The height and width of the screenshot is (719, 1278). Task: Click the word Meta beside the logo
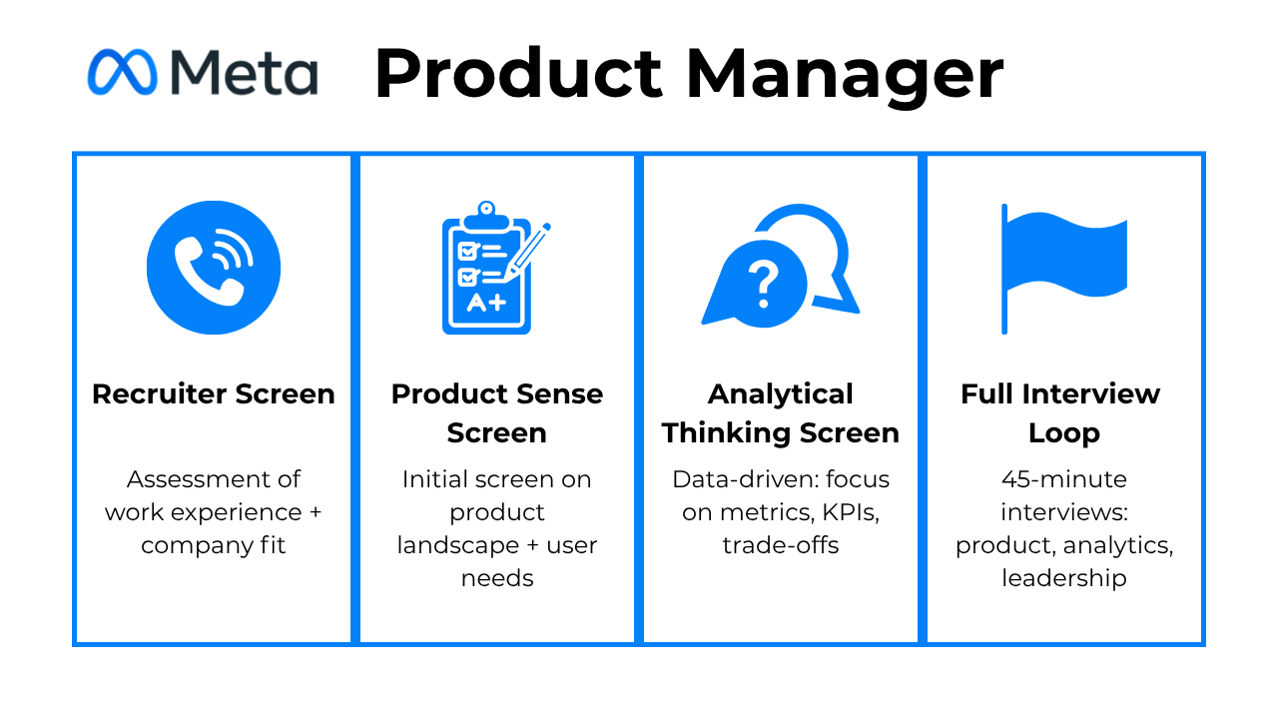(x=245, y=73)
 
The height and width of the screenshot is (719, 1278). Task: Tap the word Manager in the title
(x=845, y=76)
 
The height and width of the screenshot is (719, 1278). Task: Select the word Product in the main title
(x=518, y=73)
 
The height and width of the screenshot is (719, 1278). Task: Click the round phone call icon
(x=214, y=267)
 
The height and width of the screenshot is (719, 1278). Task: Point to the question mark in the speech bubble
(x=764, y=284)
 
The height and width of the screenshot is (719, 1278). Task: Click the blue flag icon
(x=1064, y=269)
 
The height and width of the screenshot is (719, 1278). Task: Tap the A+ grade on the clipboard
(x=486, y=302)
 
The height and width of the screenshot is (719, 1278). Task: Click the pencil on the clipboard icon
(x=527, y=253)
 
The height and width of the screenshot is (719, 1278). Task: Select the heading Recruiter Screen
(x=214, y=394)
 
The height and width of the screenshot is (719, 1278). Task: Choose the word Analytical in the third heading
(x=781, y=394)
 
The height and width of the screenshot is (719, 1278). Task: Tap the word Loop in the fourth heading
(x=1064, y=433)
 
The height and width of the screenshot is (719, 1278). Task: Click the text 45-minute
(x=1064, y=479)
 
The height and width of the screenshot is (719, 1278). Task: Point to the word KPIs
(x=851, y=512)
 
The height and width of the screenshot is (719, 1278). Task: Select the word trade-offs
(x=781, y=545)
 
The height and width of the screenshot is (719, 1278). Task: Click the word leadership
(x=1064, y=578)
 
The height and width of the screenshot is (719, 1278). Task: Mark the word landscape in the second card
(x=457, y=545)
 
